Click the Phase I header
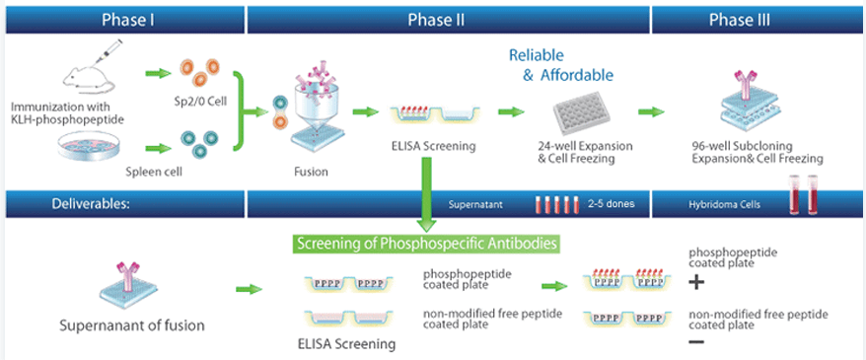(x=126, y=21)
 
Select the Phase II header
(x=436, y=21)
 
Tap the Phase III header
(x=740, y=21)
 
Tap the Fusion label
(x=312, y=172)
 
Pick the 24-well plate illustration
(x=582, y=112)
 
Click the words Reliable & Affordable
(x=561, y=64)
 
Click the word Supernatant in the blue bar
(x=474, y=204)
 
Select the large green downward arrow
(x=426, y=193)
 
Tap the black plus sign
(x=697, y=283)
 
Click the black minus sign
(x=696, y=342)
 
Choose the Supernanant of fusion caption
(x=131, y=325)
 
